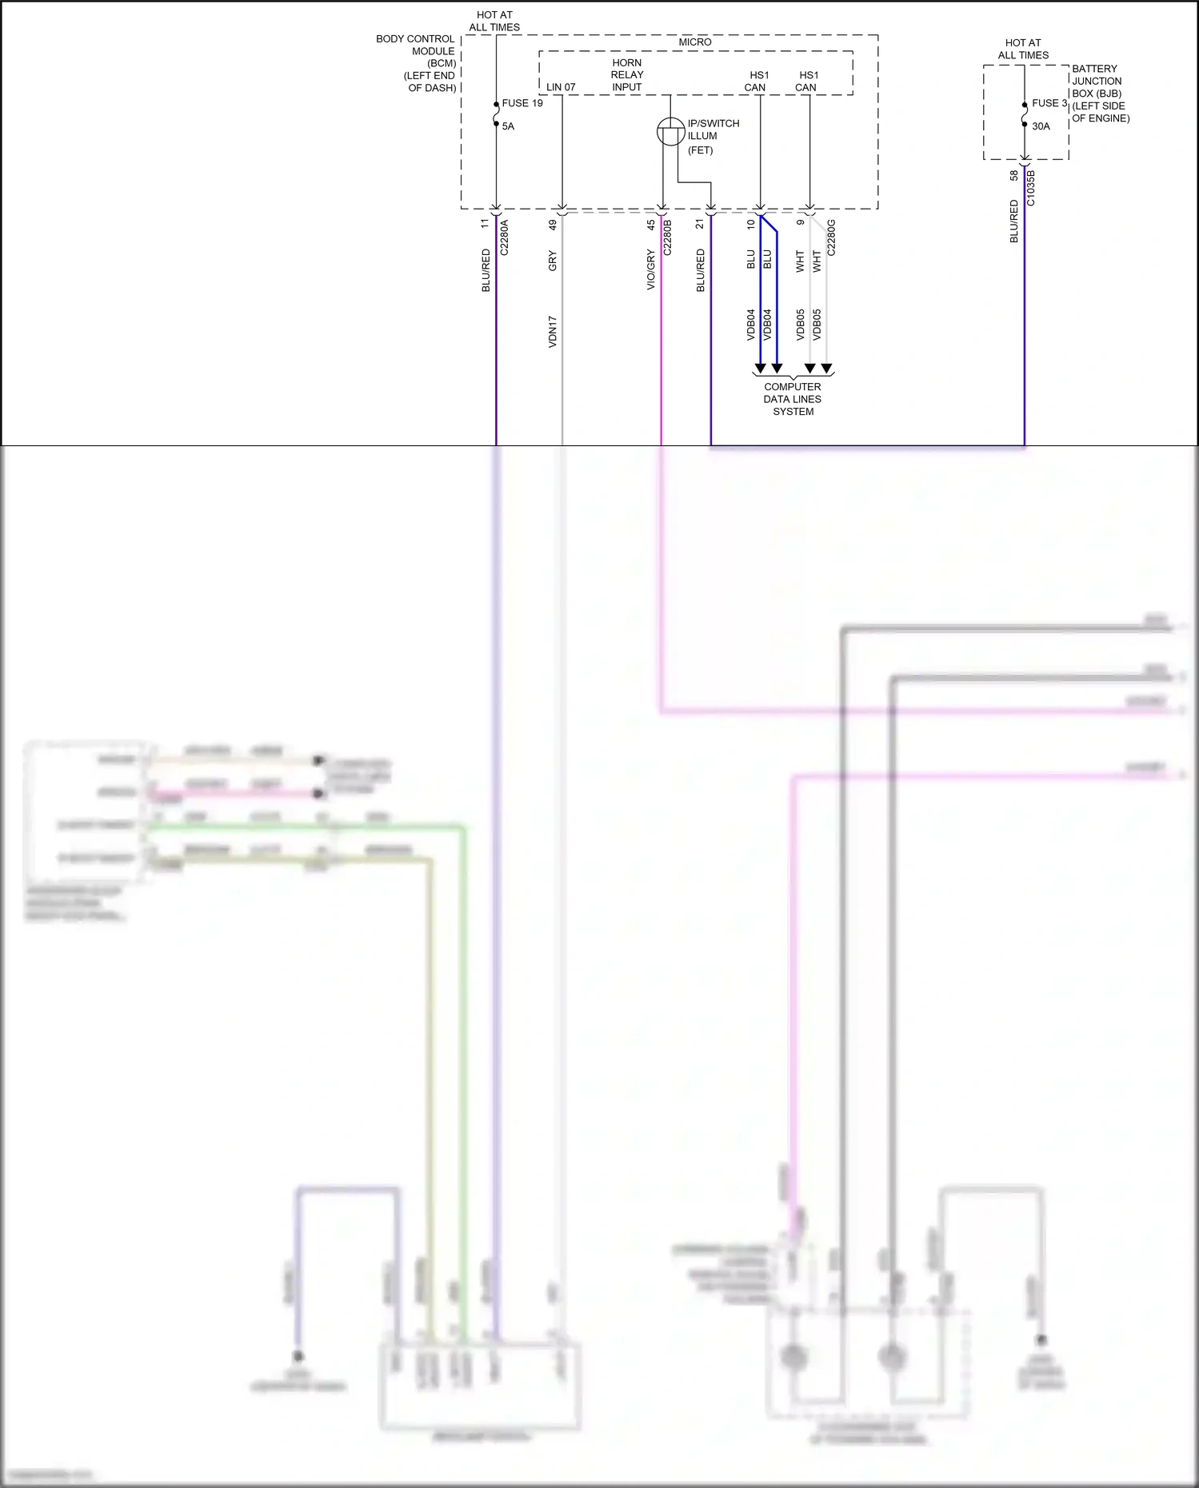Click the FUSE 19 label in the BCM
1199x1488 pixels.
click(522, 103)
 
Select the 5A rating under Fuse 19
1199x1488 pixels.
click(508, 126)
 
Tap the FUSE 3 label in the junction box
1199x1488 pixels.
click(1049, 103)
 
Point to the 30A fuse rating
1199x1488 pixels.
click(1041, 126)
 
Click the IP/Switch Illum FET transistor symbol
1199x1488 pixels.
click(670, 131)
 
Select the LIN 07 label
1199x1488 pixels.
click(561, 87)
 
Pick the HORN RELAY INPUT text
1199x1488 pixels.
click(627, 75)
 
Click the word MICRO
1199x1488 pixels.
click(694, 42)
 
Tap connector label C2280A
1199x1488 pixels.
click(504, 237)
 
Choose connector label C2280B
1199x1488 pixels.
click(668, 237)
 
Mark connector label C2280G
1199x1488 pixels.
click(831, 237)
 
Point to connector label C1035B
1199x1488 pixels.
click(1030, 188)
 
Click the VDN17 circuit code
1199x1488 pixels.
click(553, 331)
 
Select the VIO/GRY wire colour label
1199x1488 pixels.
click(651, 269)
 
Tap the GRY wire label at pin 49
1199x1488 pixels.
click(553, 261)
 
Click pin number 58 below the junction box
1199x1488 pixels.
click(1014, 175)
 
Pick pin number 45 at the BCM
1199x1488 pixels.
click(651, 225)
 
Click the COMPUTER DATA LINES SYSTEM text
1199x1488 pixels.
click(793, 399)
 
